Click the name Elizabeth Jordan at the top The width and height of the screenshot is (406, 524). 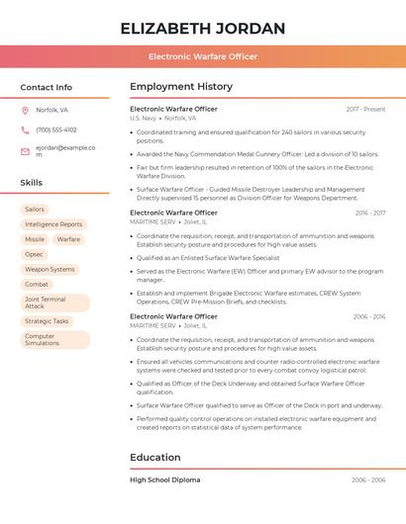pos(202,28)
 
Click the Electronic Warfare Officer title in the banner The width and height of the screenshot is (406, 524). pos(203,56)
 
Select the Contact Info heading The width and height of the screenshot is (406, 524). pos(47,87)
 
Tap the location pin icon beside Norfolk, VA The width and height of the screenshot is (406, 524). pos(25,110)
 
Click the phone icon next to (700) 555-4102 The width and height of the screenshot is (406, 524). pos(25,130)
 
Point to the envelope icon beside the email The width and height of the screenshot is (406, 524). pos(25,151)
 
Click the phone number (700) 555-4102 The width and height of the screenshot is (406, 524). pos(56,130)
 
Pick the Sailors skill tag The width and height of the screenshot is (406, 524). pos(35,210)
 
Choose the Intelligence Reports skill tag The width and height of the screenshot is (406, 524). pos(53,224)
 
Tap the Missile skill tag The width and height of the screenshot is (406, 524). pos(35,239)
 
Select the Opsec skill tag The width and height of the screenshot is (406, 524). pos(35,254)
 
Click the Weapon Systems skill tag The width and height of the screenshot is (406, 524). pos(50,269)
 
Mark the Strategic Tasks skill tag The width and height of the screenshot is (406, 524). pos(47,321)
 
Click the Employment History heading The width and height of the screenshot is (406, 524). pos(181,87)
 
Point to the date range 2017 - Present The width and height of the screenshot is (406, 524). pos(365,109)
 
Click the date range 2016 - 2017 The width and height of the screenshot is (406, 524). pos(369,213)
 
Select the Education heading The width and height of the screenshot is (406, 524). pos(155,458)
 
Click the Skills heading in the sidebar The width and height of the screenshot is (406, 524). pos(32,183)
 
